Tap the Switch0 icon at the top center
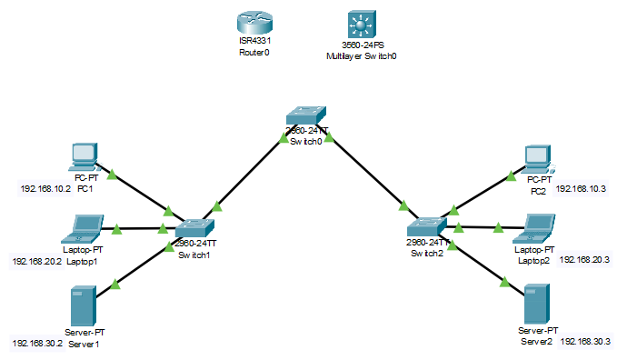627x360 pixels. point(306,115)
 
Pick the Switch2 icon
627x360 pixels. point(424,226)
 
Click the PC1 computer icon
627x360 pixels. point(83,157)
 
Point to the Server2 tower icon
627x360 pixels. point(536,307)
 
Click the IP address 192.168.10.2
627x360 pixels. point(45,190)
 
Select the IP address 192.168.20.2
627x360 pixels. point(36,260)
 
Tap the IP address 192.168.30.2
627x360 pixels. point(37,344)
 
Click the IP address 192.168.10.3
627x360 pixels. point(581,190)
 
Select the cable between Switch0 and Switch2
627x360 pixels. point(368,175)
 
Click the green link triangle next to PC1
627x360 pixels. point(112,173)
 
